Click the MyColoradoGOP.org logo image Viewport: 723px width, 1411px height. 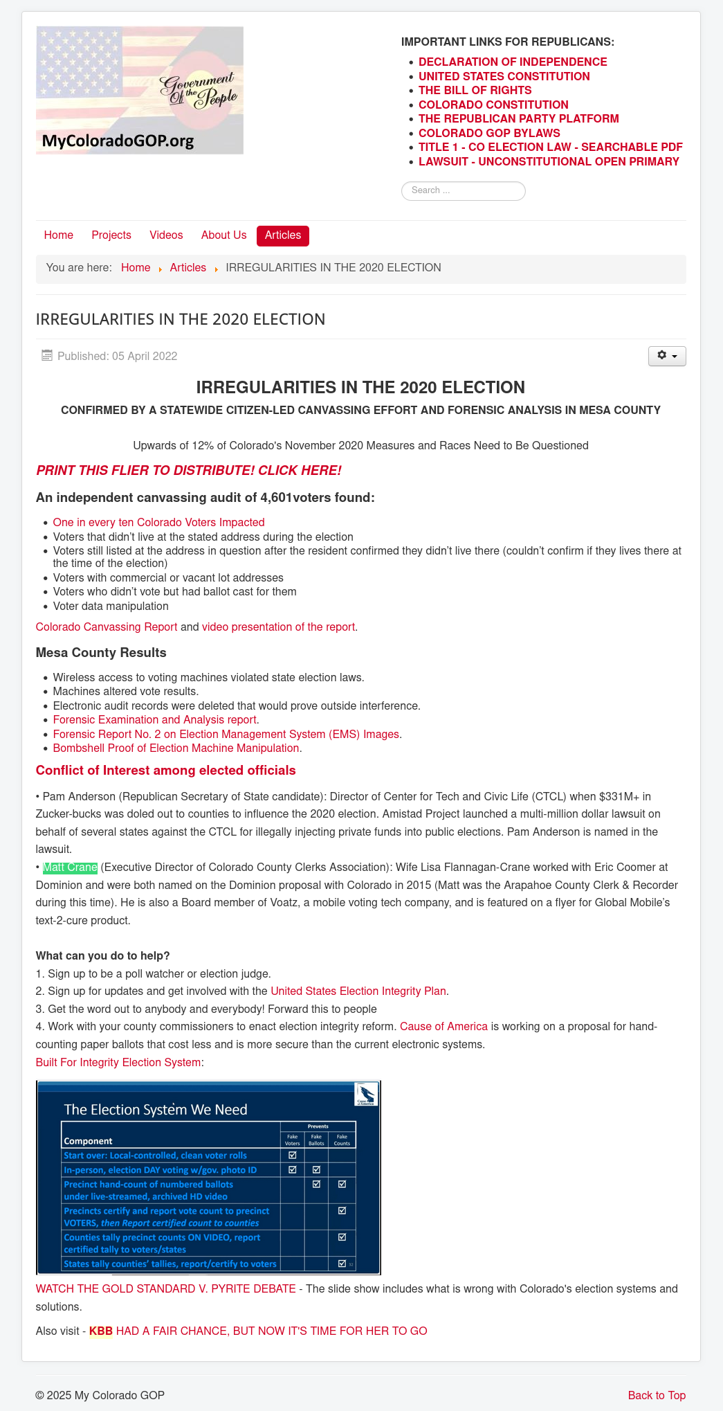click(x=139, y=90)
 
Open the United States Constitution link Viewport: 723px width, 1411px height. click(x=504, y=76)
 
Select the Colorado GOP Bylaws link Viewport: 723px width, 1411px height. click(x=489, y=133)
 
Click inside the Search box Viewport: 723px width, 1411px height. click(x=464, y=190)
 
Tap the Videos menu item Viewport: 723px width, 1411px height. click(x=166, y=235)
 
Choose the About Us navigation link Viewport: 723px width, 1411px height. click(x=223, y=235)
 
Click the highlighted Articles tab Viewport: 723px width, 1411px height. click(x=283, y=235)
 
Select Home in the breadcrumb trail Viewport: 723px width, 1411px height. click(x=136, y=268)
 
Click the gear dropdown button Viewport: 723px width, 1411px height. click(x=666, y=356)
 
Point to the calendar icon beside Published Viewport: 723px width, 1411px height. click(x=47, y=356)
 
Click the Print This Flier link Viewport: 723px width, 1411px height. click(x=189, y=471)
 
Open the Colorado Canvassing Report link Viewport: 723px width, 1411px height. click(x=107, y=627)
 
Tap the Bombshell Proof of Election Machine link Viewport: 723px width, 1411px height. click(x=176, y=748)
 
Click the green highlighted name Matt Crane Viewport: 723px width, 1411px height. click(x=70, y=868)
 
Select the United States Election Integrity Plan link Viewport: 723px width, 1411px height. click(x=358, y=991)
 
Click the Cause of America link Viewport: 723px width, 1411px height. click(x=443, y=1027)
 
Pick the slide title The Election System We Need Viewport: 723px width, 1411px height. click(x=156, y=1110)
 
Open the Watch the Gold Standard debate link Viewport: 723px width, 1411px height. click(x=165, y=1289)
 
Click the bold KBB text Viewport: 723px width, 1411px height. click(x=101, y=1331)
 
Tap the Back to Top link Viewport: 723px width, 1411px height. click(x=657, y=1396)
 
